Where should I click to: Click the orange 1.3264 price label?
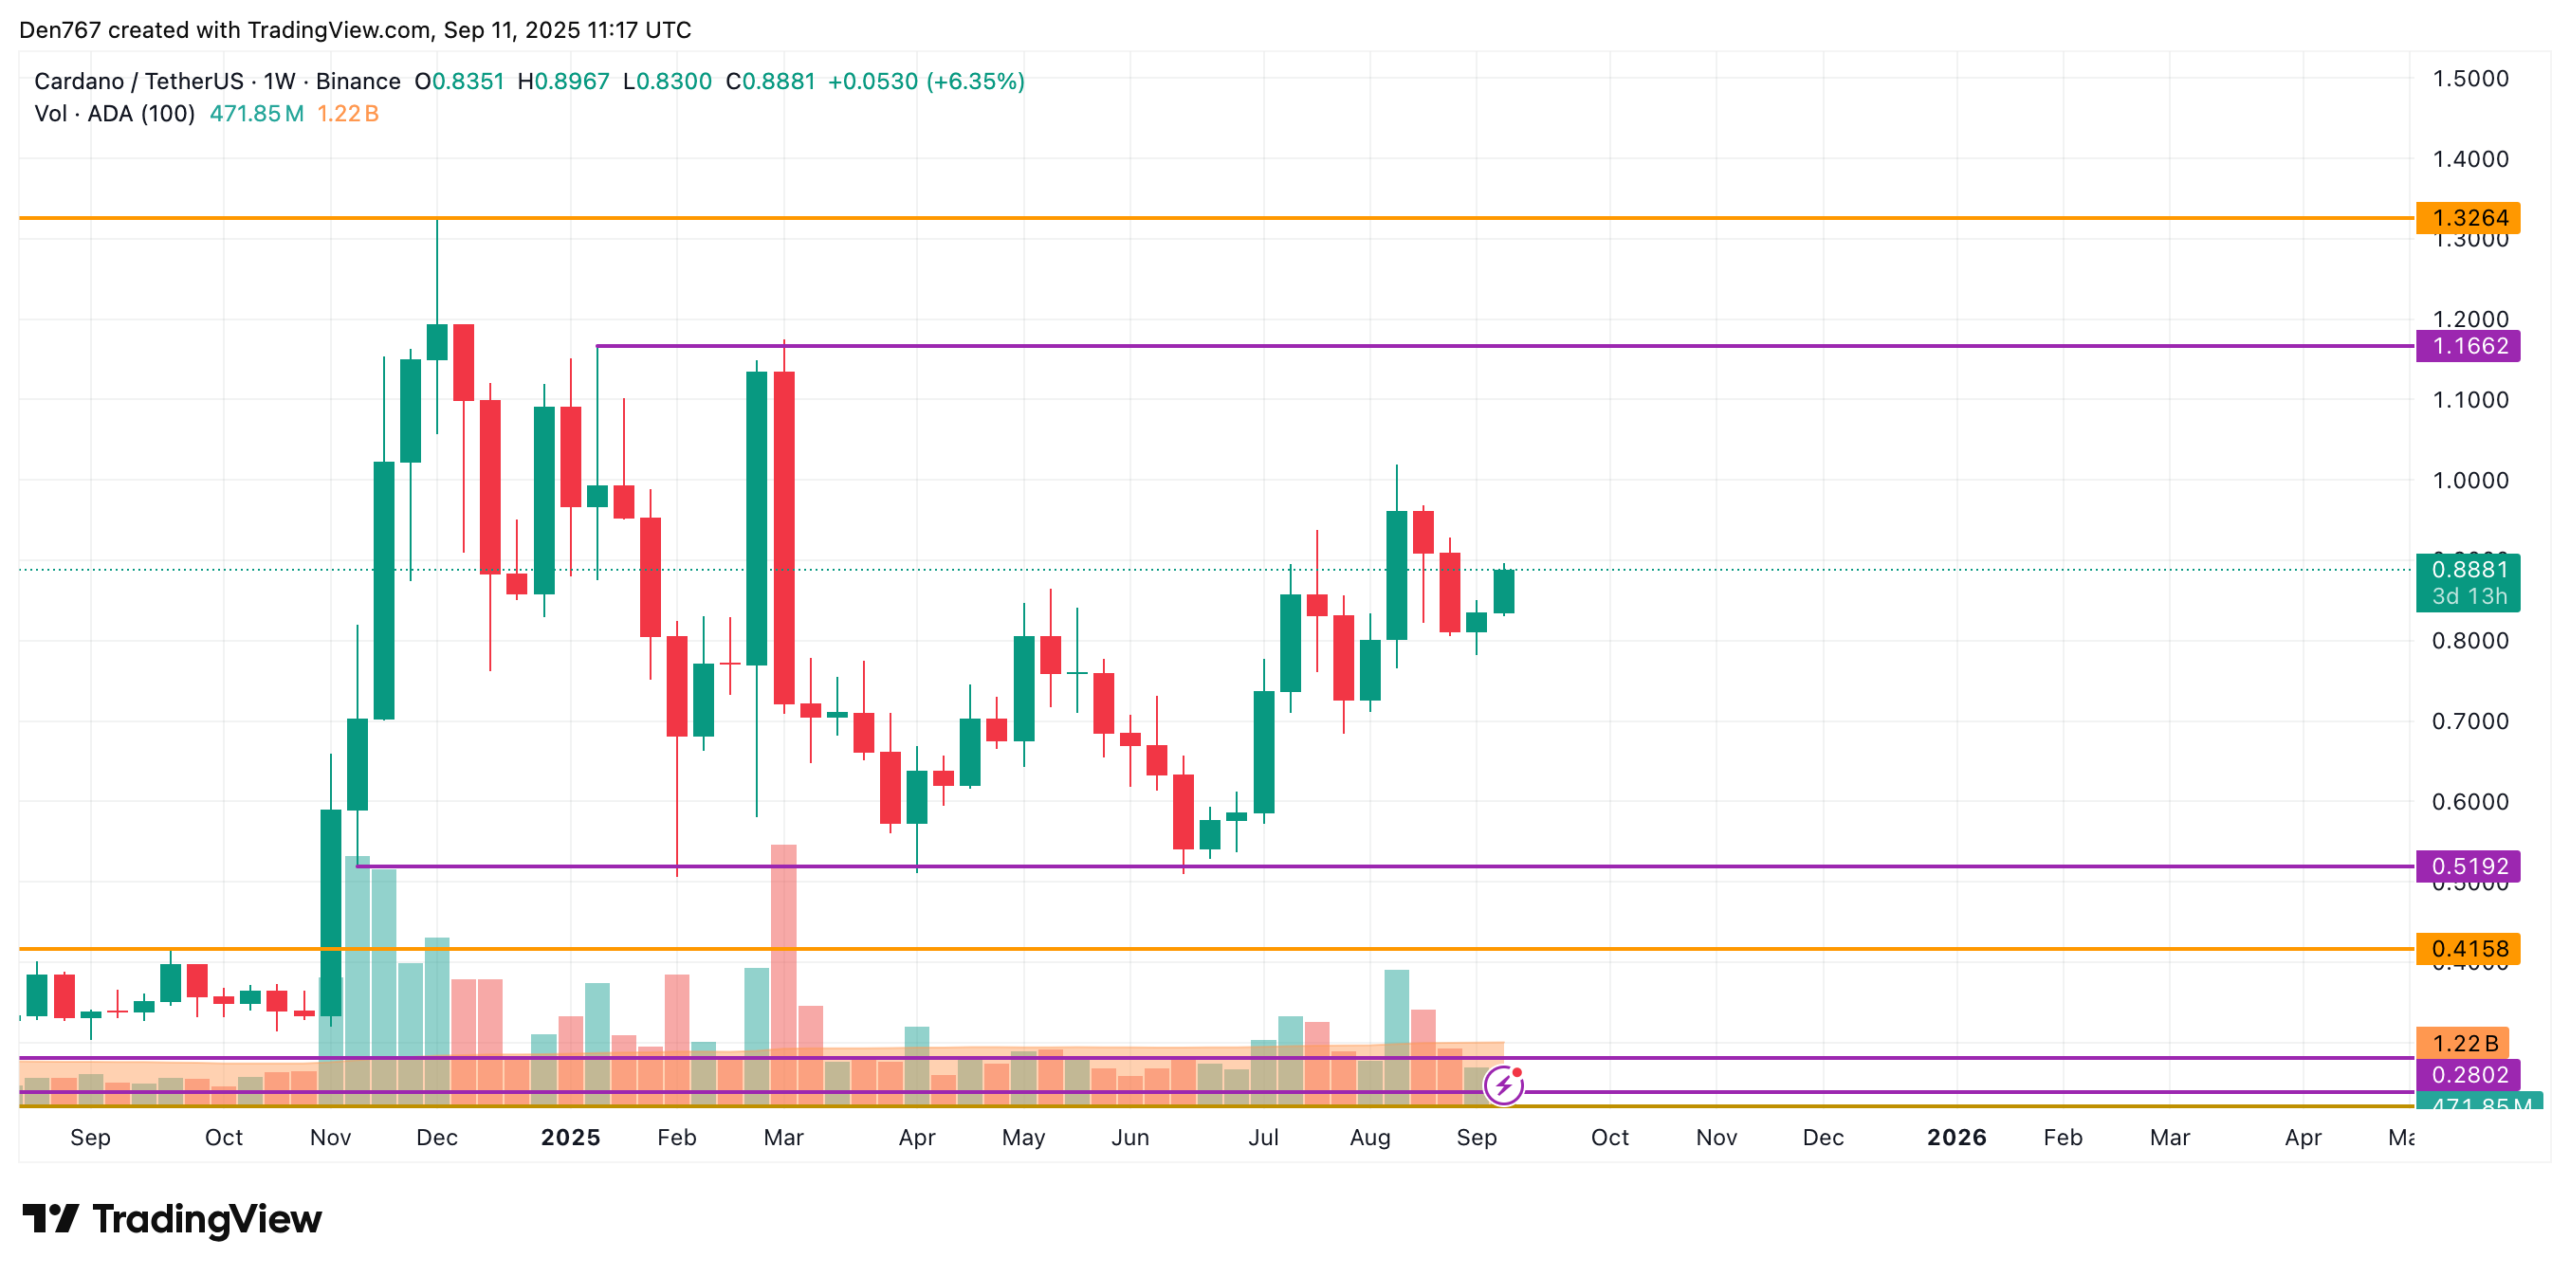pyautogui.click(x=2469, y=217)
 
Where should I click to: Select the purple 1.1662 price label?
pyautogui.click(x=2469, y=346)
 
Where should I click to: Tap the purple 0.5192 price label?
pyautogui.click(x=2469, y=866)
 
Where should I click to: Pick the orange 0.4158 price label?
pyautogui.click(x=2469, y=949)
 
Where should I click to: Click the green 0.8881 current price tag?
pyautogui.click(x=2469, y=570)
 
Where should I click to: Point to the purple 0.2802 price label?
pyautogui.click(x=2469, y=1074)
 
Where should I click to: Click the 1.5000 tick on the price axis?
pyautogui.click(x=2469, y=79)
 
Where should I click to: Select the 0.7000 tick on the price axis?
pyautogui.click(x=2469, y=721)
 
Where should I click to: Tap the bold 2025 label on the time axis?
pyautogui.click(x=570, y=1138)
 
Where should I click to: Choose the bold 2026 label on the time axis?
pyautogui.click(x=1955, y=1138)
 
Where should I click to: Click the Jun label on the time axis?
pyautogui.click(x=1129, y=1138)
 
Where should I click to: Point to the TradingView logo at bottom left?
pyautogui.click(x=172, y=1219)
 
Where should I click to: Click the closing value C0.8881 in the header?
pyautogui.click(x=770, y=82)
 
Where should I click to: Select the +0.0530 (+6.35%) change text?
pyautogui.click(x=926, y=82)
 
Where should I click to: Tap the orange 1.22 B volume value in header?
pyautogui.click(x=347, y=114)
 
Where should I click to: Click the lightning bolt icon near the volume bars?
pyautogui.click(x=1503, y=1085)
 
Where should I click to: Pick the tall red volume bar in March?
pyautogui.click(x=783, y=948)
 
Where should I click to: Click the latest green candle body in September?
pyautogui.click(x=1503, y=592)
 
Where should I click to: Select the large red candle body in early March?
pyautogui.click(x=784, y=538)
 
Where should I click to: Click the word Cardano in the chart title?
pyautogui.click(x=79, y=82)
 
